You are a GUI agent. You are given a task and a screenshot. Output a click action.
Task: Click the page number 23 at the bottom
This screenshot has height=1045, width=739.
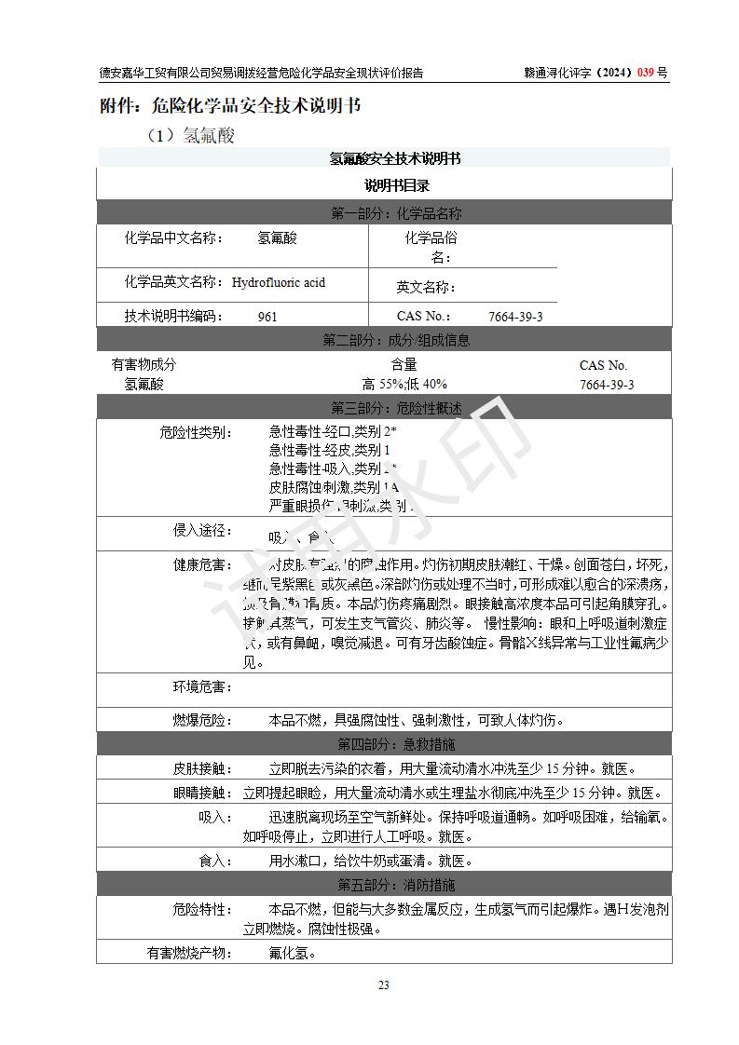383,985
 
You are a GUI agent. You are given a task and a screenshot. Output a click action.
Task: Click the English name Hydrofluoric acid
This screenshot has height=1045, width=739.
279,282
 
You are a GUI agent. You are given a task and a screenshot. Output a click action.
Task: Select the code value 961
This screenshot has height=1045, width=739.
267,317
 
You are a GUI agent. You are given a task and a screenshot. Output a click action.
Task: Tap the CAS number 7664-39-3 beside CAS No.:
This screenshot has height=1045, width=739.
515,317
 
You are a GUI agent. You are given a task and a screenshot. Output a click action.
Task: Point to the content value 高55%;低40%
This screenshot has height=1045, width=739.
404,384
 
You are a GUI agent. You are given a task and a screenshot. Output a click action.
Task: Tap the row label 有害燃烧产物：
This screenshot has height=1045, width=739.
190,953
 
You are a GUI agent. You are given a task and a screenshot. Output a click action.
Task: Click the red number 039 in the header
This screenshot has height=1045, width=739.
646,73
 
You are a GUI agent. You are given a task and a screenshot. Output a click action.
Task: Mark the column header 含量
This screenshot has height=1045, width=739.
404,365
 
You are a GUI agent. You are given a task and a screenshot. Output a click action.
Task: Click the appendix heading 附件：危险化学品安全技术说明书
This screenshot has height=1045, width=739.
230,105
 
